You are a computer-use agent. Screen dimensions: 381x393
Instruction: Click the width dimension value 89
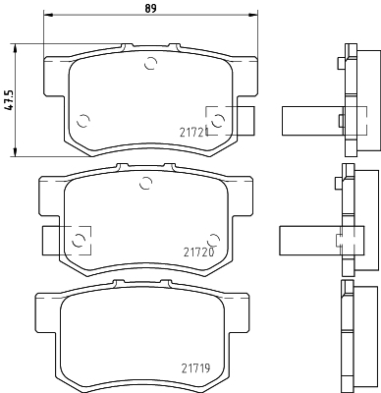point(150,8)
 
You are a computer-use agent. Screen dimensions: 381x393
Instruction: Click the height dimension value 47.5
point(10,100)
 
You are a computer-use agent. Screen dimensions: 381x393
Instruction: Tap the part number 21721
point(193,133)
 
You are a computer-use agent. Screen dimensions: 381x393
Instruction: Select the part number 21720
point(198,253)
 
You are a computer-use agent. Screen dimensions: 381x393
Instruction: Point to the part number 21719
point(195,368)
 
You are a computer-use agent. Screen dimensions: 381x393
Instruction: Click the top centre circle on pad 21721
point(151,63)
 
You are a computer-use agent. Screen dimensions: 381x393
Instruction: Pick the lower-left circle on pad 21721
point(83,121)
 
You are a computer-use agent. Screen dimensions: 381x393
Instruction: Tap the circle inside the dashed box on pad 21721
point(218,121)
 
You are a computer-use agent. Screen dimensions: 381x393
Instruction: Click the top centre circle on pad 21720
point(145,183)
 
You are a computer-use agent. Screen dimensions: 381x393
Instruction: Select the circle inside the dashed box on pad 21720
point(79,241)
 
